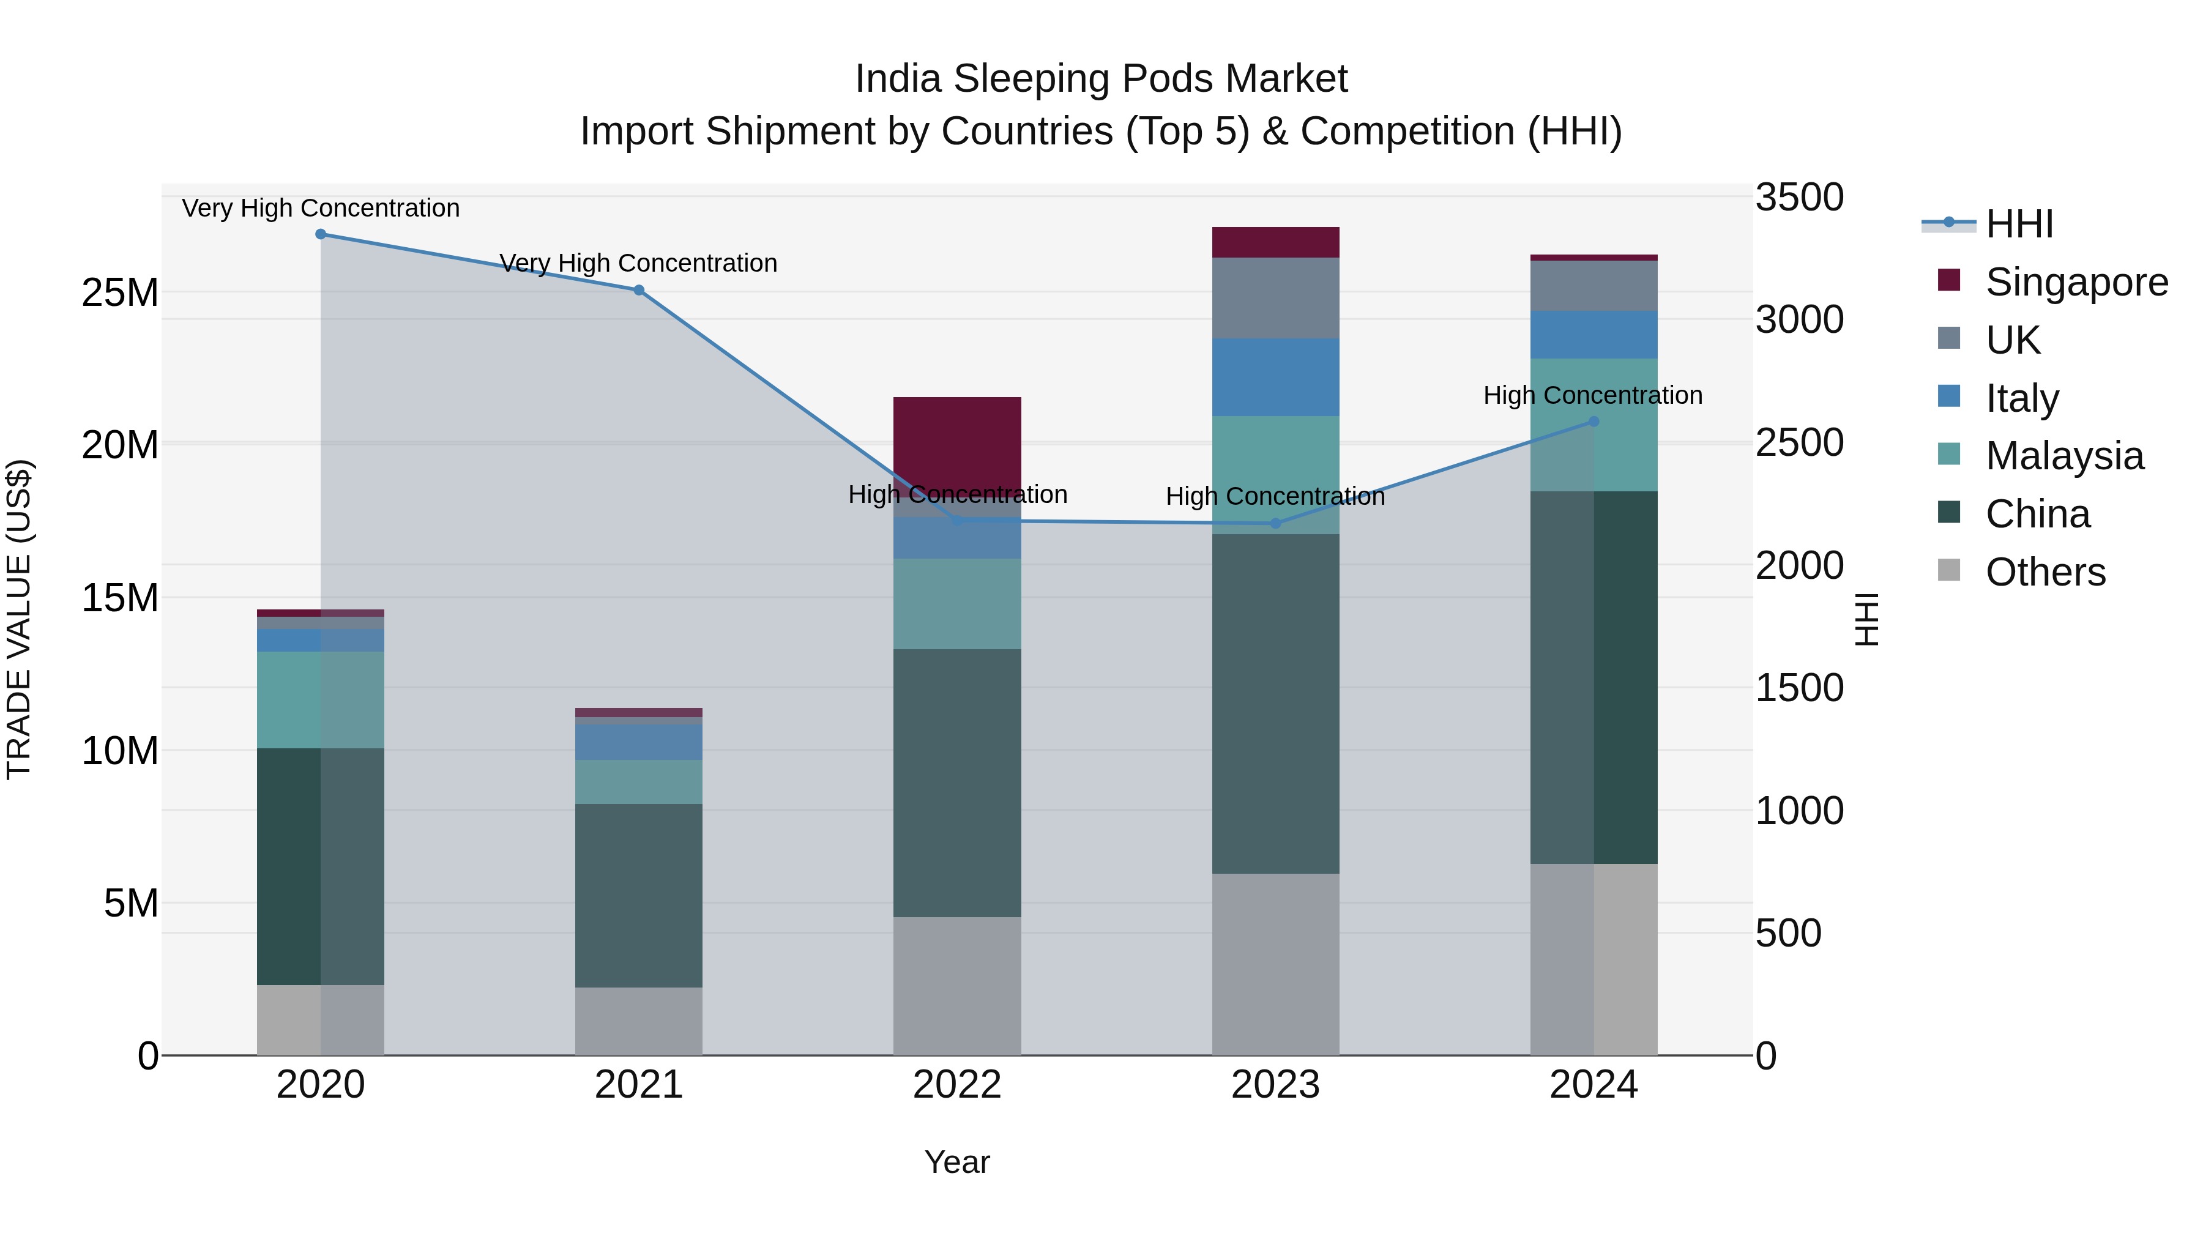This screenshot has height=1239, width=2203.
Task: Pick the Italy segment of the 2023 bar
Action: click(1275, 376)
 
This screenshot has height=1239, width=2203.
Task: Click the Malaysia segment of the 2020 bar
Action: click(320, 699)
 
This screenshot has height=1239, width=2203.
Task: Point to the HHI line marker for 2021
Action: click(638, 291)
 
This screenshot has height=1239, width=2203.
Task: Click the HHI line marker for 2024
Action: click(1594, 422)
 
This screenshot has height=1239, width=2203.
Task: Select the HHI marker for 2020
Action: click(321, 234)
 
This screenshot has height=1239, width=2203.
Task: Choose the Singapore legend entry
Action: click(2076, 282)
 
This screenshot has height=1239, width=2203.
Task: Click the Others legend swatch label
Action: click(2045, 572)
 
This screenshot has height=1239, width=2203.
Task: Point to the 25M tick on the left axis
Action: click(120, 293)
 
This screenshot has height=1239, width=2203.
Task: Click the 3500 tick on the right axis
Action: click(1799, 198)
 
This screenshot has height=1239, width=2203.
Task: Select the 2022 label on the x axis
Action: click(957, 1085)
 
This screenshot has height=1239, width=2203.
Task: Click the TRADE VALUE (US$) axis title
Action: click(19, 619)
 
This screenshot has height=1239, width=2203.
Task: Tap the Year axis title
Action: click(957, 1162)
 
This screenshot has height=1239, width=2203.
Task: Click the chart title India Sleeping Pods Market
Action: click(1101, 79)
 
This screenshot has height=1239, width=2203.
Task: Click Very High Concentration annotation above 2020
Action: click(321, 208)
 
